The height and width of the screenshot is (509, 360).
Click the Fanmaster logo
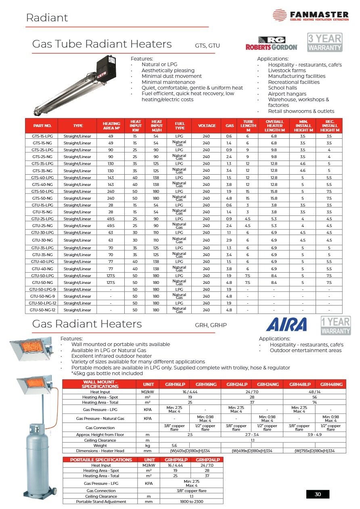tap(310, 15)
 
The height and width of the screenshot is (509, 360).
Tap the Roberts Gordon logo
tap(271, 43)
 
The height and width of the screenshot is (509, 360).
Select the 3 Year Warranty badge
tap(325, 42)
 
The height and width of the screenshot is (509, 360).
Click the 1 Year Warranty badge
tap(335, 326)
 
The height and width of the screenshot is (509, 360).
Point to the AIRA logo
tap(287, 324)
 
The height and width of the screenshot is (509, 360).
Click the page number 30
tap(318, 494)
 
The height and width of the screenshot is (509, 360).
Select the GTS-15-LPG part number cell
tap(41, 136)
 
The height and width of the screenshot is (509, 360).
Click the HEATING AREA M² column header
tap(111, 125)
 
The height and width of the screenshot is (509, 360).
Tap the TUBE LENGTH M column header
tap(248, 125)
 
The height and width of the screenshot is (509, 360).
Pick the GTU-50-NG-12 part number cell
tap(41, 310)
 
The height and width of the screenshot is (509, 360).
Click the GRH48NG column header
tap(331, 384)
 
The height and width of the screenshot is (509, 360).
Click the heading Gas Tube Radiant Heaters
tap(102, 44)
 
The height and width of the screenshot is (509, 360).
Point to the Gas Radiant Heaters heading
tap(87, 324)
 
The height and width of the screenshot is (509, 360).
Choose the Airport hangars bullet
tap(287, 94)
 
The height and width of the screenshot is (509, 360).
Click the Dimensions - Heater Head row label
tap(100, 451)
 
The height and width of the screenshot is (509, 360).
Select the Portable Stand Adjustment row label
tap(101, 501)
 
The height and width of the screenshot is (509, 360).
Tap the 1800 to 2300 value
tap(191, 501)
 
